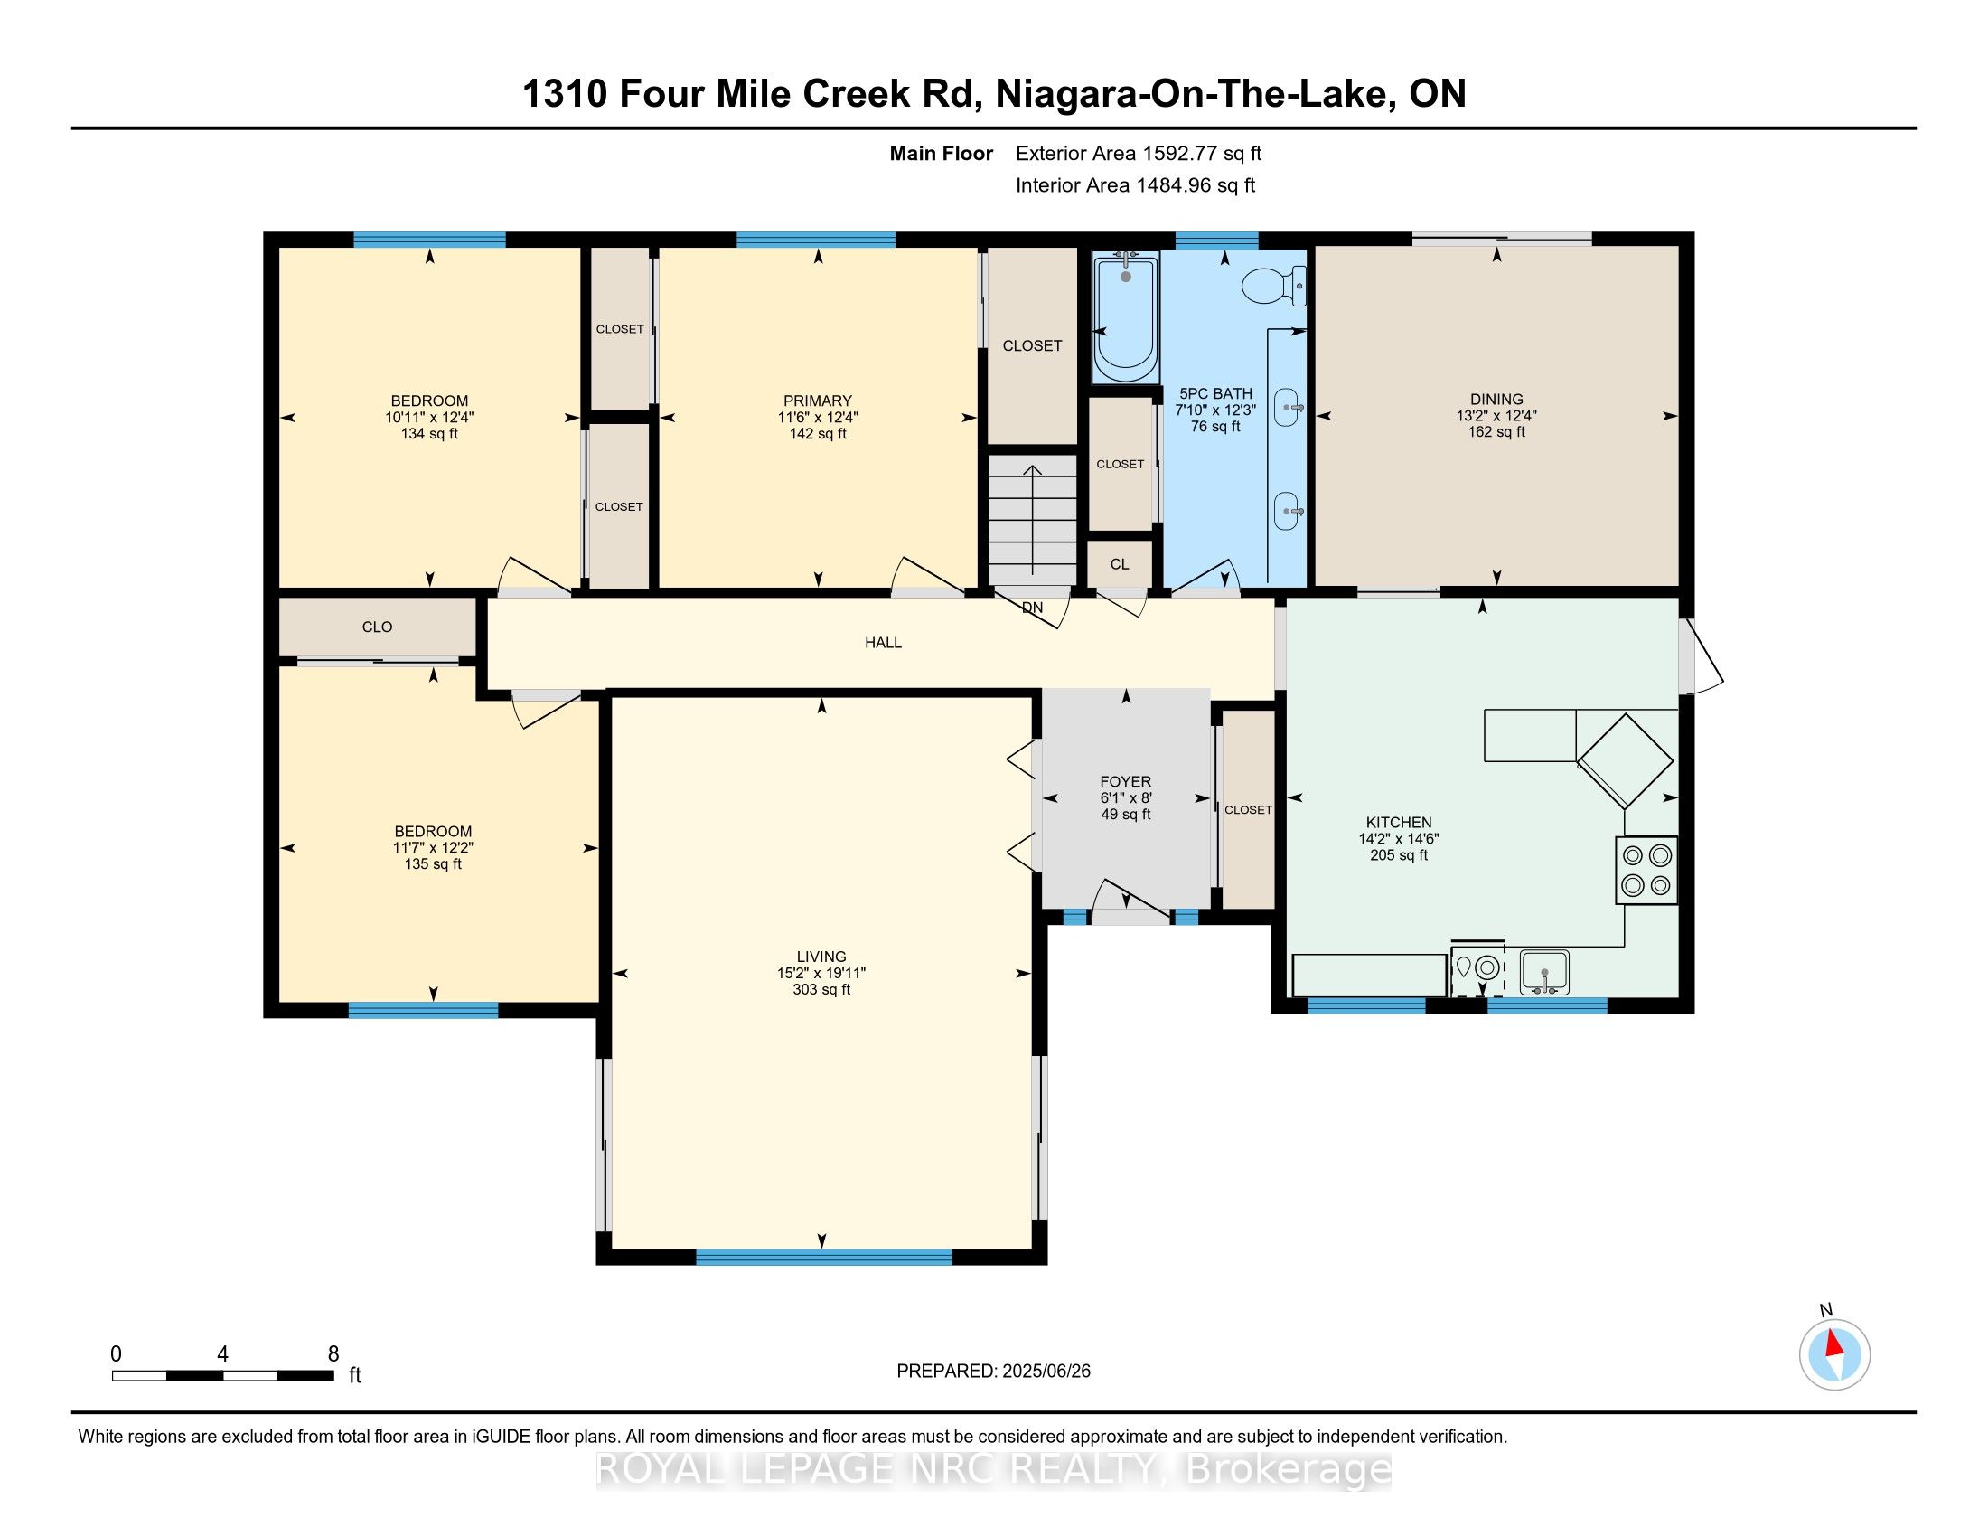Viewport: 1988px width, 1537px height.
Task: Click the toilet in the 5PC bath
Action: coord(1274,285)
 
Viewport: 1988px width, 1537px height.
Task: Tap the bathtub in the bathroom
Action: coord(1126,318)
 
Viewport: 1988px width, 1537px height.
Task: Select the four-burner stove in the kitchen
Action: coord(1646,870)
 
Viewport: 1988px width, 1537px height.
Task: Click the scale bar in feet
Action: coord(223,1376)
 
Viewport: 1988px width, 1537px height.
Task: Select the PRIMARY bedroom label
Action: coord(818,401)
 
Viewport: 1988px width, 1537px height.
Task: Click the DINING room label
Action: coord(1496,399)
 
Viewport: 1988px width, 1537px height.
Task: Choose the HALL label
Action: coord(883,643)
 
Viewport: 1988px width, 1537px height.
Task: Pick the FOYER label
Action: coord(1126,781)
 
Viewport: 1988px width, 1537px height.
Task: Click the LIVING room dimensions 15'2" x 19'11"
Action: coord(822,973)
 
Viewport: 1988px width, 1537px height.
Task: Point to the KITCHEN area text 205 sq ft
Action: coord(1399,855)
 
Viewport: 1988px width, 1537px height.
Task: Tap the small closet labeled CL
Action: coord(1120,564)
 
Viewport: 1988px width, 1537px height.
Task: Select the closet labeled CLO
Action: coord(377,627)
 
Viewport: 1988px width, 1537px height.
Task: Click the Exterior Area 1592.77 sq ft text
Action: coord(1139,154)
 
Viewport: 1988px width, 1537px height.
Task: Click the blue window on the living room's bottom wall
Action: coord(824,1257)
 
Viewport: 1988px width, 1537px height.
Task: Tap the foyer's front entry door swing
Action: coord(1130,901)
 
